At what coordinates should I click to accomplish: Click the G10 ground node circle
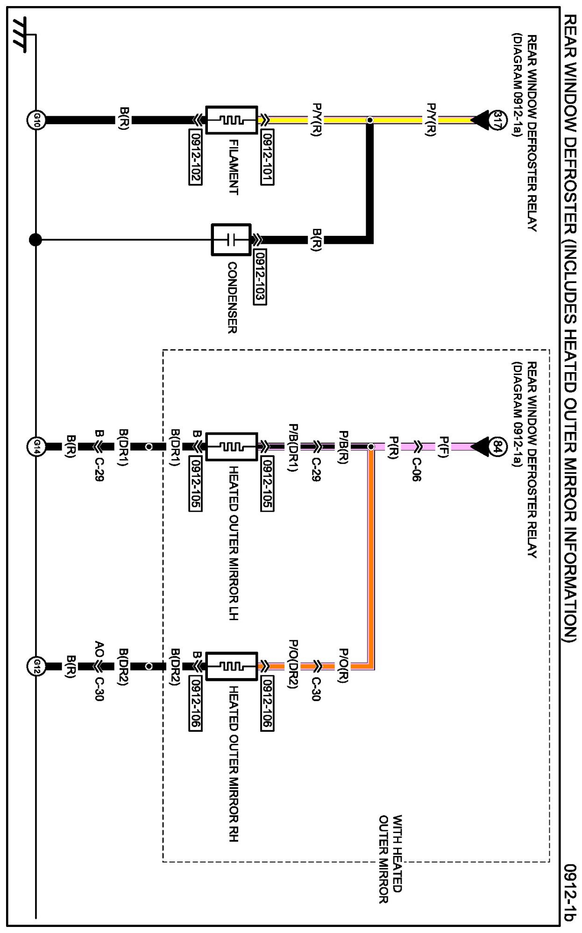pos(36,120)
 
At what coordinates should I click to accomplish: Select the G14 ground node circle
pos(36,447)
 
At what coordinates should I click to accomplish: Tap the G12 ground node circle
pos(36,666)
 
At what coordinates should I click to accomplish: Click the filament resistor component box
pos(231,120)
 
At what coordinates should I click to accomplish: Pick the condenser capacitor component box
pos(231,240)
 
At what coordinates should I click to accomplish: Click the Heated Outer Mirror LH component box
pos(231,447)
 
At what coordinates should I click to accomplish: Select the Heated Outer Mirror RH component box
pos(231,666)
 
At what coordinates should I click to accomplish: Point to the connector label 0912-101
pos(267,157)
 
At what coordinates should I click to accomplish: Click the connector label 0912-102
pos(195,157)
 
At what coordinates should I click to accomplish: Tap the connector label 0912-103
pos(260,277)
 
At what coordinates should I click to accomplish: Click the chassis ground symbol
pos(21,34)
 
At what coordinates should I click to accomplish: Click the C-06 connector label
pos(416,469)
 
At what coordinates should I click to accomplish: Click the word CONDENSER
pos(232,297)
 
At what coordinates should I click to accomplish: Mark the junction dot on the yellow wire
pos(369,120)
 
